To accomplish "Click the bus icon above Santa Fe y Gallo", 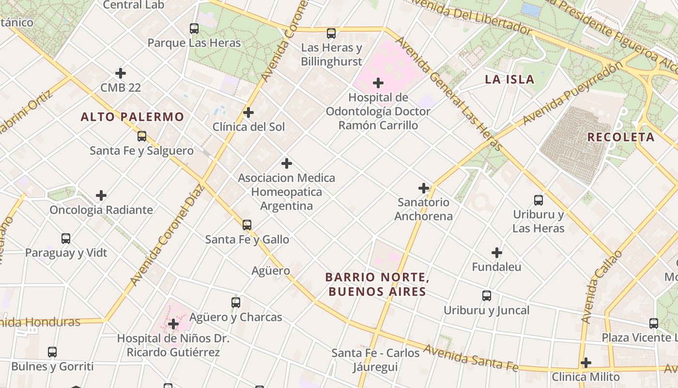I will coord(247,225).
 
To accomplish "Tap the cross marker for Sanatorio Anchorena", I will coord(424,188).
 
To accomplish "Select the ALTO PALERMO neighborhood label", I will coord(132,117).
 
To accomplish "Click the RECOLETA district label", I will coord(621,137).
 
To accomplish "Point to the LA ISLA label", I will coord(509,80).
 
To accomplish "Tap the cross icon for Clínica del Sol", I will coord(248,113).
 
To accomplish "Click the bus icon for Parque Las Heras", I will coord(194,29).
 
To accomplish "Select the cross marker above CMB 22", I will coord(121,73).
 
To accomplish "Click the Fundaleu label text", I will coord(496,267).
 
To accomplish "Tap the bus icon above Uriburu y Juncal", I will coord(487,296).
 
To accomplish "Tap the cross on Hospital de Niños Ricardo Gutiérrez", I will coord(173,324).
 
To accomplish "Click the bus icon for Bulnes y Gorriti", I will coord(52,352).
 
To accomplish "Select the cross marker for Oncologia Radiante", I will coord(101,195).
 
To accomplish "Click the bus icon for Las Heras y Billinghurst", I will coord(331,33).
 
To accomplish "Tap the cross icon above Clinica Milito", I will coord(586,363).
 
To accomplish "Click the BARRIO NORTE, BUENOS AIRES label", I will coord(377,285).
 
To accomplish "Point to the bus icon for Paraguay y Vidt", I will coord(66,239).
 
